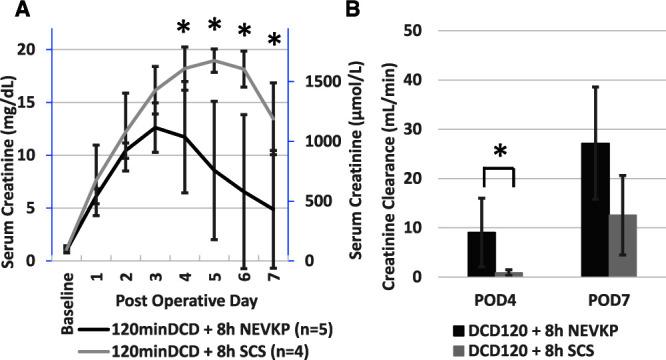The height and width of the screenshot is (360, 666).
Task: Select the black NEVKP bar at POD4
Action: (482, 254)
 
